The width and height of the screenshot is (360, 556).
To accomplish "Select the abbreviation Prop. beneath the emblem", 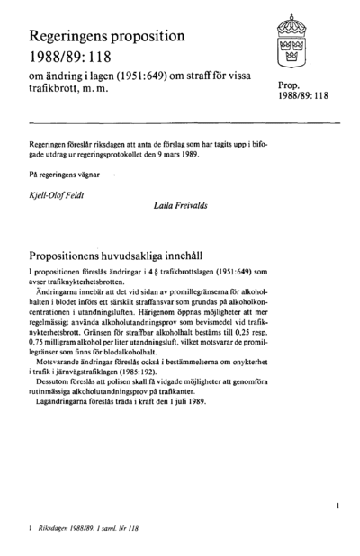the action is (290, 84).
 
